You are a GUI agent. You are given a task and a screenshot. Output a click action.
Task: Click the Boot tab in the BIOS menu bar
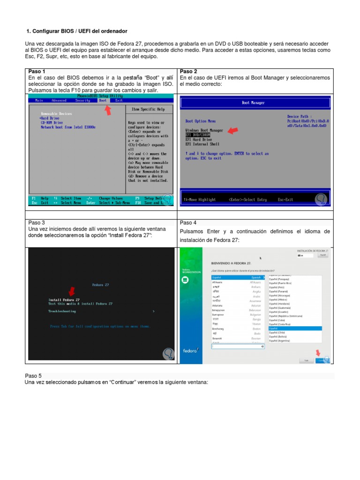point(102,100)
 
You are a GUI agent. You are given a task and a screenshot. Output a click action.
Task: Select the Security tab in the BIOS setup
point(82,100)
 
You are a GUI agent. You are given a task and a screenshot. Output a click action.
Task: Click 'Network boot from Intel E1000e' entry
point(68,127)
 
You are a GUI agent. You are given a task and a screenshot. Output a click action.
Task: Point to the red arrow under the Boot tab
point(108,110)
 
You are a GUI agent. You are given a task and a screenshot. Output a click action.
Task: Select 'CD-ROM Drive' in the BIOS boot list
point(52,123)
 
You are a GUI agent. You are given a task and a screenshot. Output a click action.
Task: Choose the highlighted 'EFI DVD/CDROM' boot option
point(198,135)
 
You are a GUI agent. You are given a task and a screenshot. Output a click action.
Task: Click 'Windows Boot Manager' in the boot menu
point(204,130)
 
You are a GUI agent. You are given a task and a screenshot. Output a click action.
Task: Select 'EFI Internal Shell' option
point(202,144)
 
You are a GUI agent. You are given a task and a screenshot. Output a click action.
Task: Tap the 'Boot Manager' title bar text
point(253,103)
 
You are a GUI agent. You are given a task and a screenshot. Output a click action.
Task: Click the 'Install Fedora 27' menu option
point(64,300)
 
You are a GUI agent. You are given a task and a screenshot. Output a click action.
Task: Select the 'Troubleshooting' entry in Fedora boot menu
point(62,311)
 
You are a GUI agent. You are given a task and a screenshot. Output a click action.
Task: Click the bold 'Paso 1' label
point(37,72)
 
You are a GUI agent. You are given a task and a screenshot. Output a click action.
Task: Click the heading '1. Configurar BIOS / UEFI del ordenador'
point(77,31)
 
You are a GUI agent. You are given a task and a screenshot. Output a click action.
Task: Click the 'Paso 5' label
point(33,376)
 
